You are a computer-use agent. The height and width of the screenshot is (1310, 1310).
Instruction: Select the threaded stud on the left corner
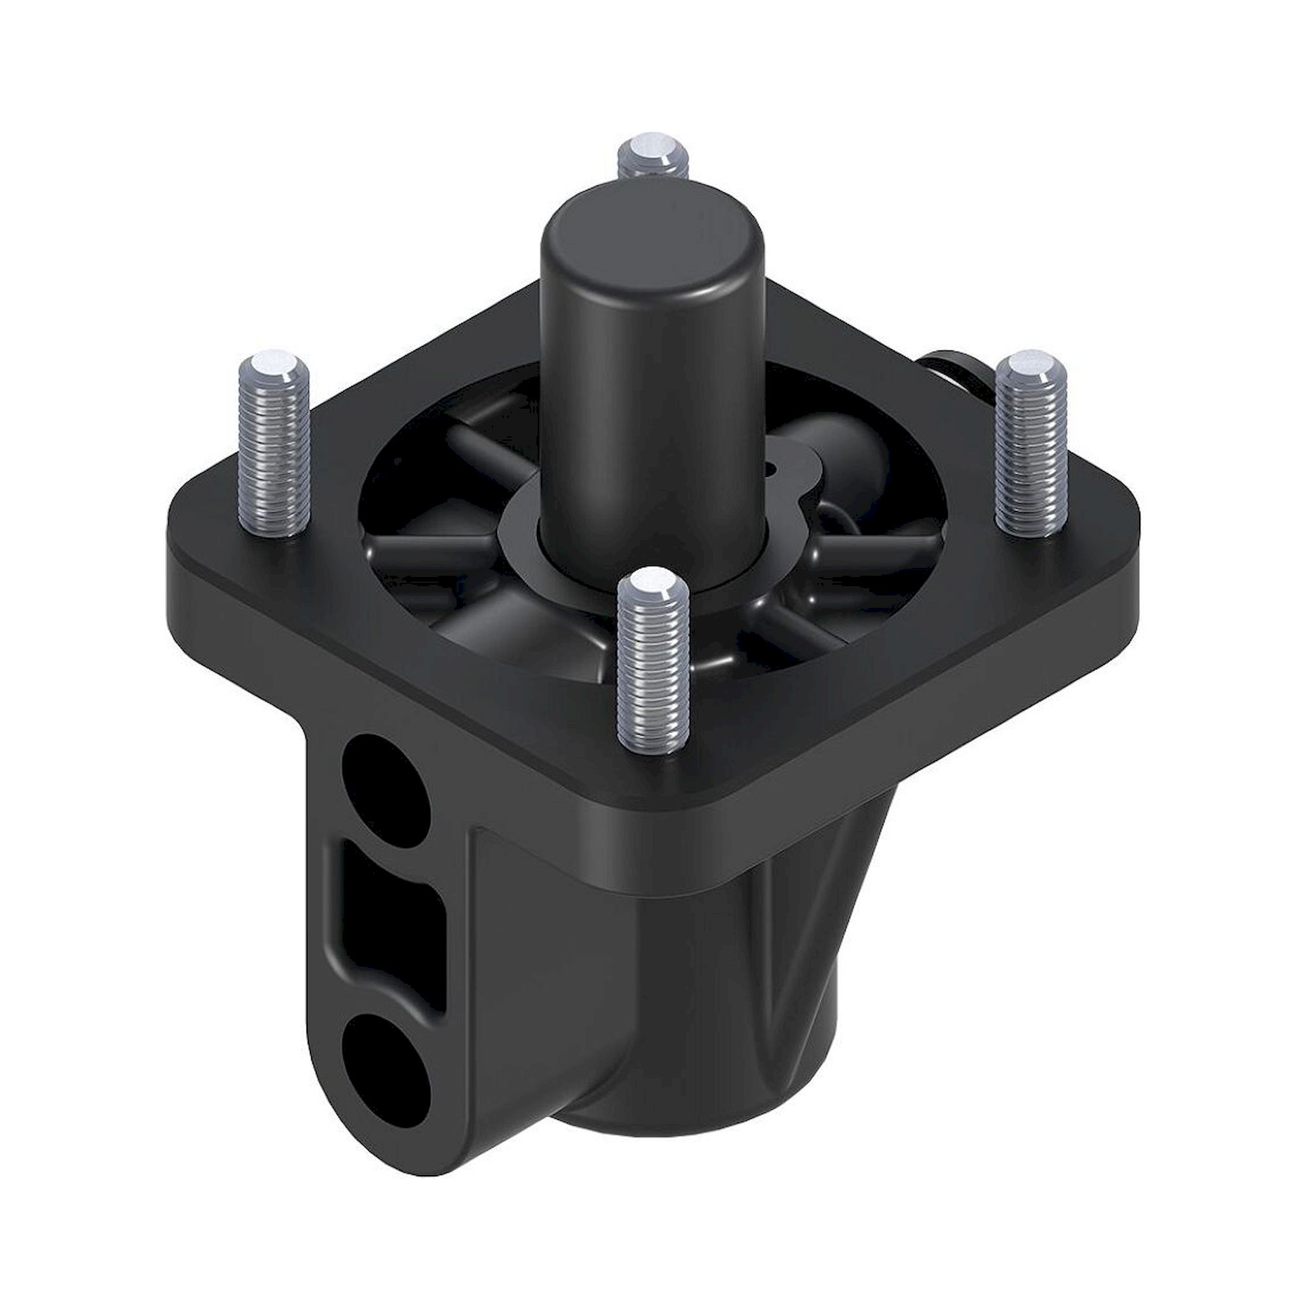(274, 447)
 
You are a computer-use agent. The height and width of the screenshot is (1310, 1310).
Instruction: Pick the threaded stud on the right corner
(1030, 447)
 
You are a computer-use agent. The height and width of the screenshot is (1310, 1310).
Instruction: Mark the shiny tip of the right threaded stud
(1030, 363)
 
